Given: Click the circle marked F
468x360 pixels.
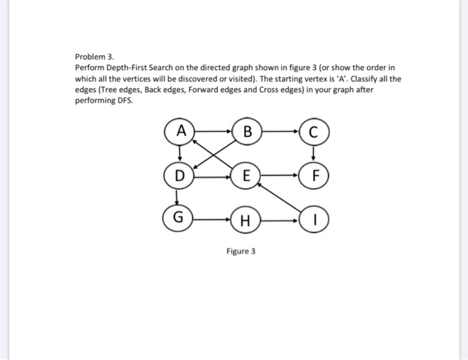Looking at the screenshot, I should tap(314, 177).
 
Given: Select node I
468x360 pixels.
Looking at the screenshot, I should tap(314, 218).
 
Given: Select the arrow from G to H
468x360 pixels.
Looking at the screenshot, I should tap(213, 218).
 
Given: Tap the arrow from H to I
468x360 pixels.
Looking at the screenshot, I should tap(281, 218).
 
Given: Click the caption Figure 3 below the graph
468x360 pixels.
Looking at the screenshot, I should tap(240, 252).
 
